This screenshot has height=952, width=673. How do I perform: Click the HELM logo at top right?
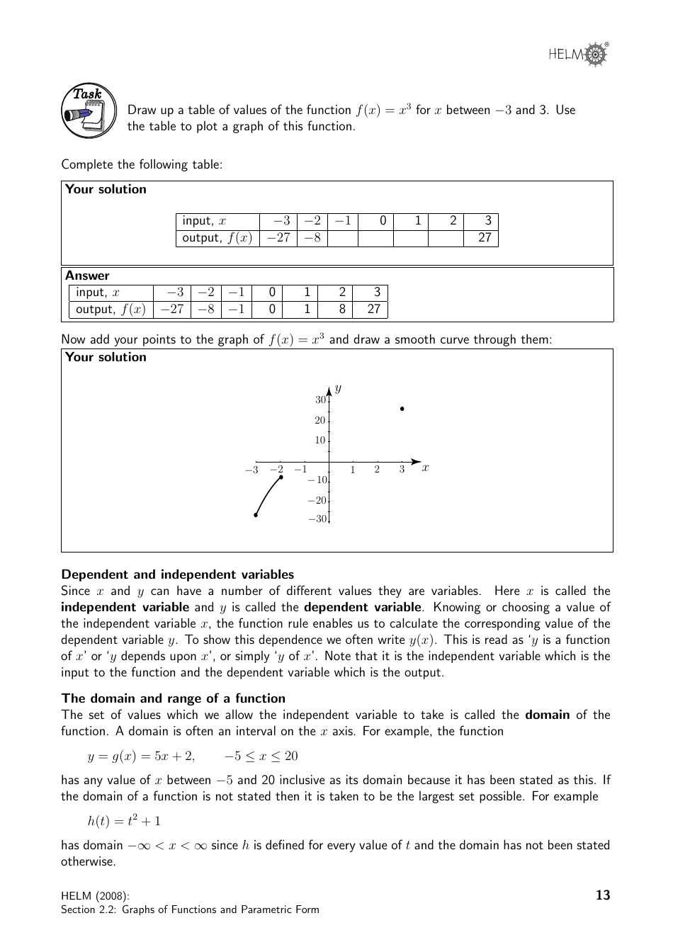point(578,54)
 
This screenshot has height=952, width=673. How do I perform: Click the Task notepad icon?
point(89,111)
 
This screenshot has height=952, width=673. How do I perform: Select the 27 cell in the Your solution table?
point(484,238)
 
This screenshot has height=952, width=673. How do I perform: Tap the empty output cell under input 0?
point(375,238)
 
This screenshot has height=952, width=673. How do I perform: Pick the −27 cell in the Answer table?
point(171,310)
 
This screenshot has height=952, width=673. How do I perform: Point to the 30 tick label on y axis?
point(320,400)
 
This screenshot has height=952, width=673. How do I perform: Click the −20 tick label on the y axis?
point(317,500)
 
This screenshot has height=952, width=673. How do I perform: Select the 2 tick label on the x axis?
point(377,470)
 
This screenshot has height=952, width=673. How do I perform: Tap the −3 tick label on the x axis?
point(251,470)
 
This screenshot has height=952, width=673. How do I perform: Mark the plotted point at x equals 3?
point(402,409)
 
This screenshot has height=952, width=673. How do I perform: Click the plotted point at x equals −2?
point(281,477)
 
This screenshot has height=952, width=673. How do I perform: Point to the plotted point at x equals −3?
point(256,515)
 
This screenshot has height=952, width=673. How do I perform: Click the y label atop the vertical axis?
point(339,388)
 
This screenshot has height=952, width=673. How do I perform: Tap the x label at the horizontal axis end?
point(425,467)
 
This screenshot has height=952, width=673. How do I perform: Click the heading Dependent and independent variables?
point(177,574)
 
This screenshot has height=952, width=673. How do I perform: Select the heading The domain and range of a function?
point(174,698)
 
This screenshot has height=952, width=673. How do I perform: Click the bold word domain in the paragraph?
point(547,715)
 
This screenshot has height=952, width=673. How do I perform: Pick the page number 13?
point(603,895)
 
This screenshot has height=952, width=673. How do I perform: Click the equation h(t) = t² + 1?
point(124,821)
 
